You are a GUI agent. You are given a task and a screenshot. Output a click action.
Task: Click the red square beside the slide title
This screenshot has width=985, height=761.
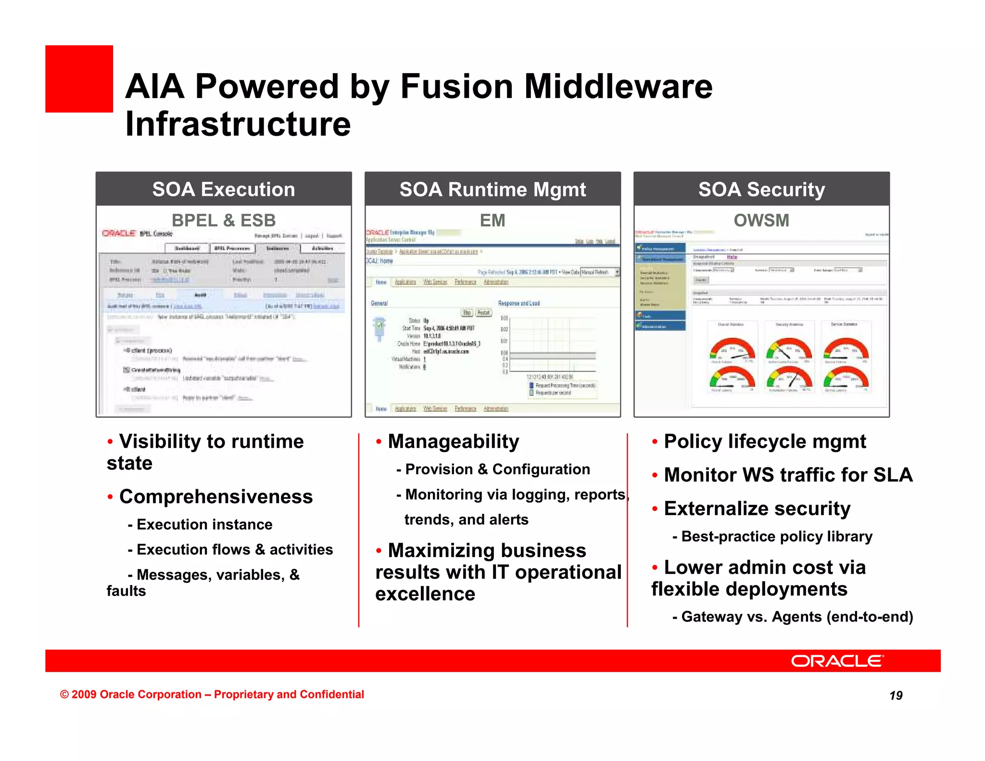(79, 79)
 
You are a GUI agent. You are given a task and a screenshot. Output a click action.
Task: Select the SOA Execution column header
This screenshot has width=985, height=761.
(224, 190)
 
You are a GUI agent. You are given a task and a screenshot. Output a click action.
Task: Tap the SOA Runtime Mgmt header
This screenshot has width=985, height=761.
(492, 190)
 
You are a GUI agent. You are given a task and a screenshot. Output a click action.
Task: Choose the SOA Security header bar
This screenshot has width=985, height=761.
(761, 190)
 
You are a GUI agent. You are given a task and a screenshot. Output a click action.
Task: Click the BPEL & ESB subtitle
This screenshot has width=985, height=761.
(224, 220)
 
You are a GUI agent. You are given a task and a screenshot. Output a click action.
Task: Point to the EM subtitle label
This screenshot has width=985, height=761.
(492, 220)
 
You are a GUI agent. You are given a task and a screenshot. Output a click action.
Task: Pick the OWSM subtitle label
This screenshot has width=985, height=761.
(761, 220)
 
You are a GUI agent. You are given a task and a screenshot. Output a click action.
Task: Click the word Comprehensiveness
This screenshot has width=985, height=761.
(216, 496)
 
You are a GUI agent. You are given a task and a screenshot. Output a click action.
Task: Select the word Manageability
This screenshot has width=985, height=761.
(454, 442)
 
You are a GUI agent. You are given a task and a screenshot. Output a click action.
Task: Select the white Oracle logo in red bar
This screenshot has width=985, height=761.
(837, 661)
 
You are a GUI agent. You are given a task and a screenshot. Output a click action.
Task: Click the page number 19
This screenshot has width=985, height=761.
(896, 696)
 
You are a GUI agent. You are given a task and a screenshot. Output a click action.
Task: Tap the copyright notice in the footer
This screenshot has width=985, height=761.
(212, 695)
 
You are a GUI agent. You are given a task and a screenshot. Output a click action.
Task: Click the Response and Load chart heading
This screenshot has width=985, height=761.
(518, 304)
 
